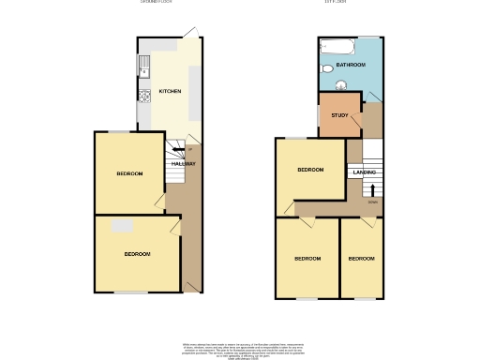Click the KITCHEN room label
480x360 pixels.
point(170,91)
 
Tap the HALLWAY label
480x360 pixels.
point(183,164)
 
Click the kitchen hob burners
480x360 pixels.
point(144,95)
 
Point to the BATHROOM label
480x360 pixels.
point(351,65)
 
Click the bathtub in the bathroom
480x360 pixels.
point(337,46)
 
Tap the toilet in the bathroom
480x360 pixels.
point(326,69)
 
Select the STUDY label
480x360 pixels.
point(338,115)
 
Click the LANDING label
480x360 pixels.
point(364,172)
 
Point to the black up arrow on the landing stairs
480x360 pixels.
point(372,190)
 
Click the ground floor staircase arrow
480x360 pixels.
point(178,149)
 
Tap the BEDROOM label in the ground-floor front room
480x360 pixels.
point(138,254)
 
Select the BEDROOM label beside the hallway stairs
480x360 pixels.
point(129,174)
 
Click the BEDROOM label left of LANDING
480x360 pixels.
point(310,170)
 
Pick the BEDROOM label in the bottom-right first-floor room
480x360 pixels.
point(360,258)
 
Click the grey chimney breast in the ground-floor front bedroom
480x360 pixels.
point(122,226)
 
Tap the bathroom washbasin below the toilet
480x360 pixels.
point(339,87)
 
